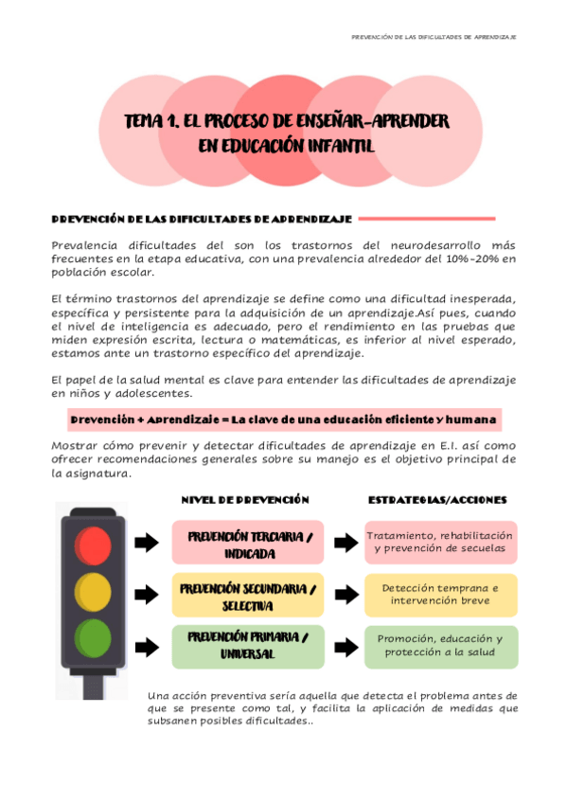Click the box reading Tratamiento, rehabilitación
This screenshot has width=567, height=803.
[441, 543]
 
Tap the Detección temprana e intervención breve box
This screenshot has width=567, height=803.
[441, 595]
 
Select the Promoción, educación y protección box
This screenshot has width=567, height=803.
[441, 646]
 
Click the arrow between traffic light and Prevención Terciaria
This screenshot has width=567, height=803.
[146, 544]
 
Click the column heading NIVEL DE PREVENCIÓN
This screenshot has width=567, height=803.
[244, 500]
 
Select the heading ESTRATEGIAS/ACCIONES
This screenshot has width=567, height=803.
[437, 500]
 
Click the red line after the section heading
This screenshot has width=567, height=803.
[428, 219]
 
